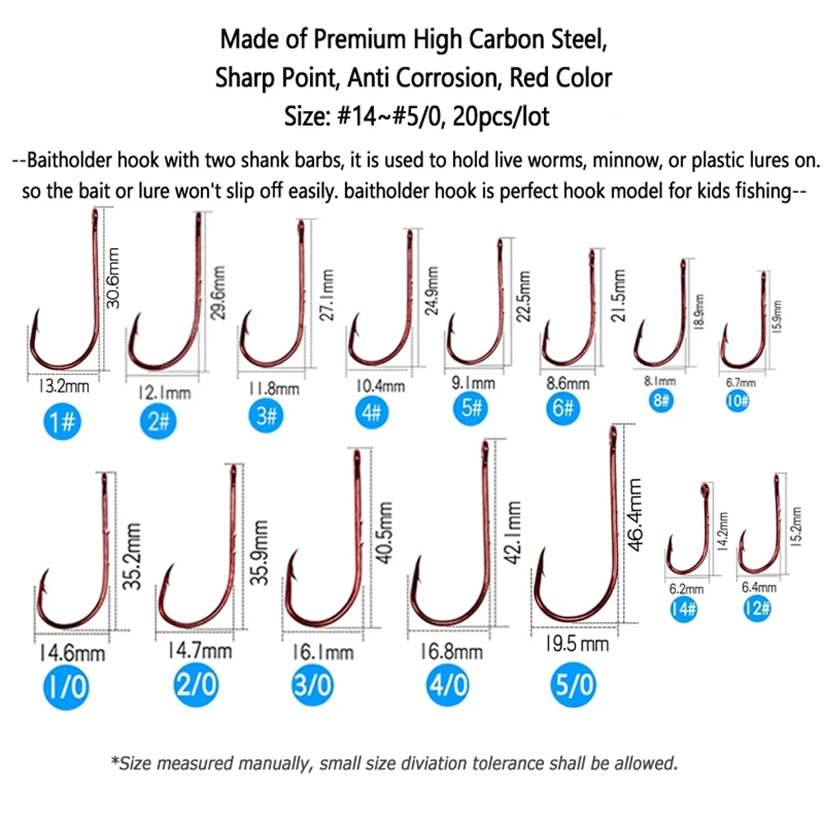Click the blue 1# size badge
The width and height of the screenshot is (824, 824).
point(62,421)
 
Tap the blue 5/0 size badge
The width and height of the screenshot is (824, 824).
point(573,684)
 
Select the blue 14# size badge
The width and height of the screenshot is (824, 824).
point(684,609)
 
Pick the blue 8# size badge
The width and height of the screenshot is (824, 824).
point(661,401)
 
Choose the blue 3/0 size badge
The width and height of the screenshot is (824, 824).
point(312,685)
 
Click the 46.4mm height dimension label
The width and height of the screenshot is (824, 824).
point(635,514)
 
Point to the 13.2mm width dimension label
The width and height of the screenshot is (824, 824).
point(64,386)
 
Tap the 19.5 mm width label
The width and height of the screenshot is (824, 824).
point(577,644)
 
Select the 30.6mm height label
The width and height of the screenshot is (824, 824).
point(113,278)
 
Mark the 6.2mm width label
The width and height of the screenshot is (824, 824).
point(686,589)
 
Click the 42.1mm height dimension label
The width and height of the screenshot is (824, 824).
point(513,532)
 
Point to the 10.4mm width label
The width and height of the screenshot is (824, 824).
point(381,386)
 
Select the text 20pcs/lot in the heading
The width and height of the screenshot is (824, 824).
point(501,117)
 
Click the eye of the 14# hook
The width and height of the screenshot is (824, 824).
point(705,489)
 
